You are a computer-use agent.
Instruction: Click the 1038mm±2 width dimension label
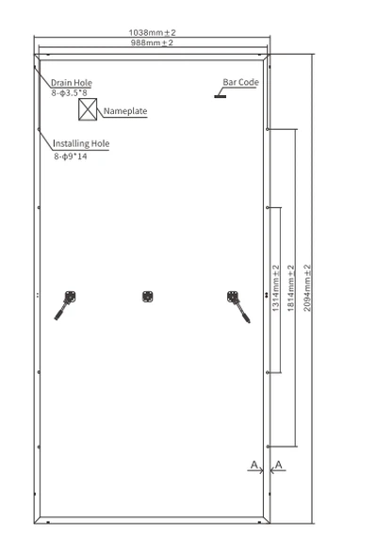[x=152, y=32]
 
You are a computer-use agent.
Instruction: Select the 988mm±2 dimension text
[x=152, y=42]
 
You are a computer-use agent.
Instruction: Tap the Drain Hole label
[x=72, y=83]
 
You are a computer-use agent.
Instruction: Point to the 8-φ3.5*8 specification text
[x=69, y=93]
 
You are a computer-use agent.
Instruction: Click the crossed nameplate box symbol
[x=88, y=109]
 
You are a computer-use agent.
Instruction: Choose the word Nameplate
[x=125, y=111]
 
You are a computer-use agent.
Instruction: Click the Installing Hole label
[x=81, y=143]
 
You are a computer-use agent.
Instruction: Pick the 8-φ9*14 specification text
[x=71, y=156]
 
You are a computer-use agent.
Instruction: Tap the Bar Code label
[x=240, y=82]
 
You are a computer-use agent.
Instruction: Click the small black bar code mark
[x=220, y=96]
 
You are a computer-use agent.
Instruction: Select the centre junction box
[x=148, y=297]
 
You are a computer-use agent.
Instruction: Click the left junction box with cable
[x=66, y=304]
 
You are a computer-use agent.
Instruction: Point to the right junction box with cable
[x=238, y=306]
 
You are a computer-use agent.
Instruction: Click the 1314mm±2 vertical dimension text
[x=276, y=288]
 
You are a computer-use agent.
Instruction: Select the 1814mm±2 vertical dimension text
[x=290, y=288]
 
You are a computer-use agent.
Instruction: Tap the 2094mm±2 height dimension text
[x=307, y=288]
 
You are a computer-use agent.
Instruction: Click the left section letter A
[x=254, y=464]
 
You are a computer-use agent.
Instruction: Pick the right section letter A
[x=279, y=464]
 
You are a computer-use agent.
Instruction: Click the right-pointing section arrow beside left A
[x=255, y=470]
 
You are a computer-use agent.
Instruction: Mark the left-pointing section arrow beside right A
[x=278, y=470]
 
